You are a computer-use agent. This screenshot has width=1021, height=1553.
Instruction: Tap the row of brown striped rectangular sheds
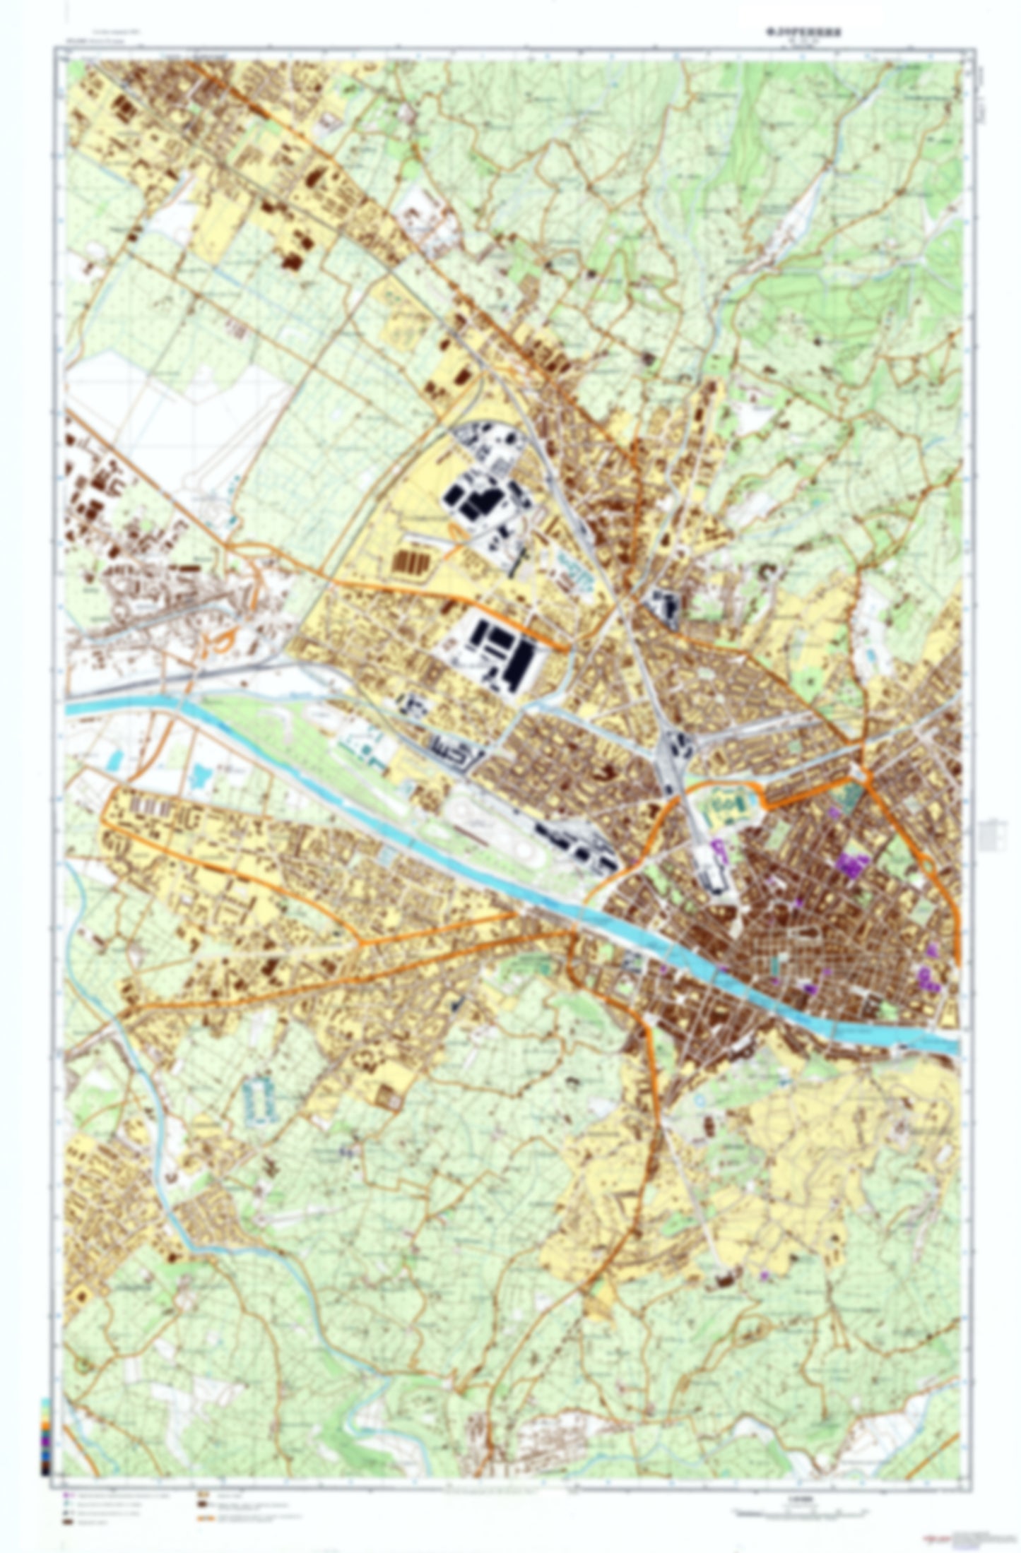click(410, 563)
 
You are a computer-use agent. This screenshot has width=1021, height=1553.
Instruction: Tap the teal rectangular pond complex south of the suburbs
click(259, 1095)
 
